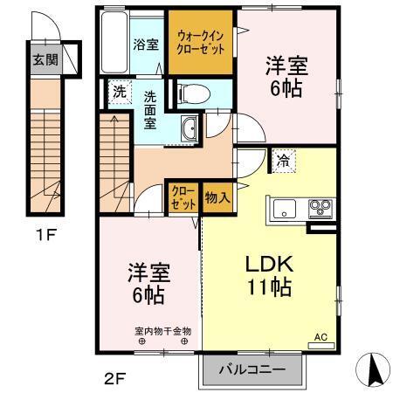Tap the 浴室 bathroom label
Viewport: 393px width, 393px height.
tap(146, 44)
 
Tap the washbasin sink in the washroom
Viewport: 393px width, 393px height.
tap(190, 129)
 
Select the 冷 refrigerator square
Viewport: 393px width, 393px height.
tap(283, 160)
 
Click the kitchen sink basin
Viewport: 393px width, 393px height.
tap(285, 209)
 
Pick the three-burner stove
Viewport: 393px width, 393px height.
tap(320, 209)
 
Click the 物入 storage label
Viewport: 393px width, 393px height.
tap(217, 197)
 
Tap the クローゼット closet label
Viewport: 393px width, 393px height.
tap(183, 197)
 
